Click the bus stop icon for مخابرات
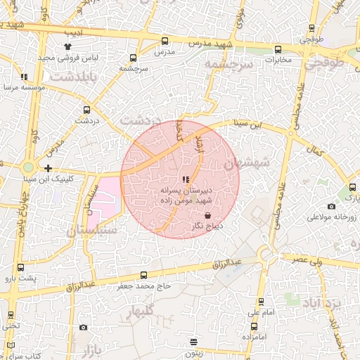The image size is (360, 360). (278, 50)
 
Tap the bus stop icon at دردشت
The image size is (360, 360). (87, 110)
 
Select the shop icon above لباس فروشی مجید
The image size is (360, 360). (87, 46)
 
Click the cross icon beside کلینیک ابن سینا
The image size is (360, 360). (48, 168)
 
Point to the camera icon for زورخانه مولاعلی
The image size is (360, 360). (331, 206)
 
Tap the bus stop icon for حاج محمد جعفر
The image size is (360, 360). (144, 275)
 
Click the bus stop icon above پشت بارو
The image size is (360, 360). (20, 268)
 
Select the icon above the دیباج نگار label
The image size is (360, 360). (207, 215)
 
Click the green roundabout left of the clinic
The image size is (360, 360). (27, 167)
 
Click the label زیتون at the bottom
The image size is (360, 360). (194, 353)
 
